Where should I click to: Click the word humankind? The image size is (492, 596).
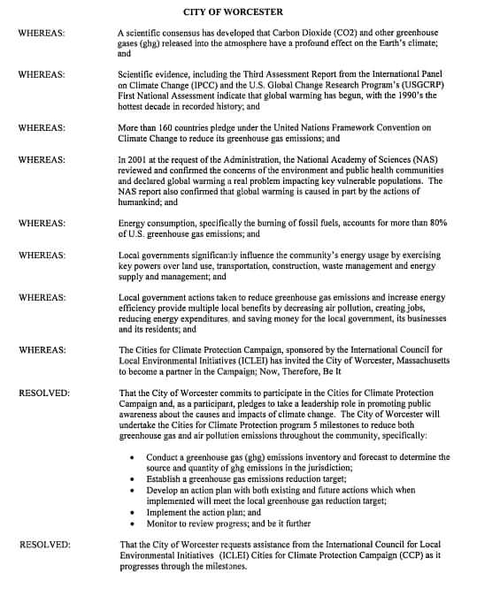142,202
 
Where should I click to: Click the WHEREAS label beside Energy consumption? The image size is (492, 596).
41,224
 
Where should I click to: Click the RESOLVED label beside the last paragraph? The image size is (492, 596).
44,544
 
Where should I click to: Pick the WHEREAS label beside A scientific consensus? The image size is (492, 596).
41,33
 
